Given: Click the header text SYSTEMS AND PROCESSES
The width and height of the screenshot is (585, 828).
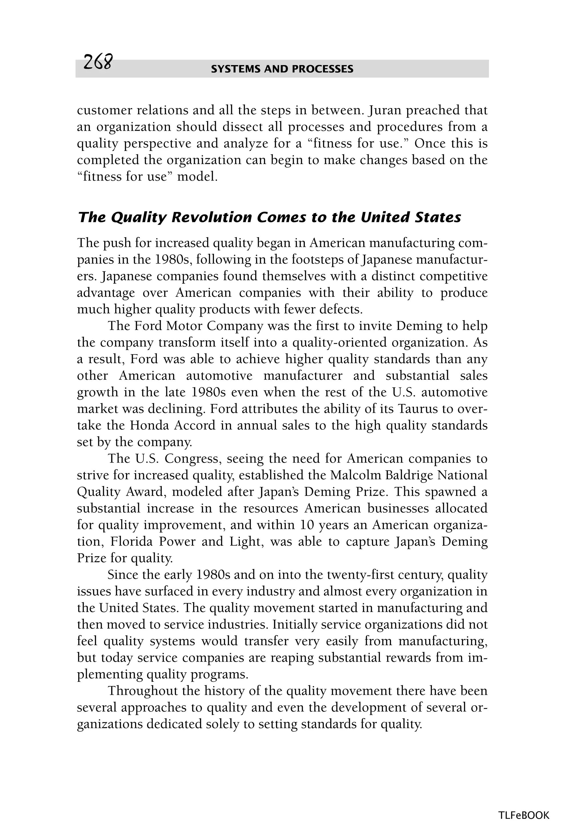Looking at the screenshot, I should click(x=282, y=69).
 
